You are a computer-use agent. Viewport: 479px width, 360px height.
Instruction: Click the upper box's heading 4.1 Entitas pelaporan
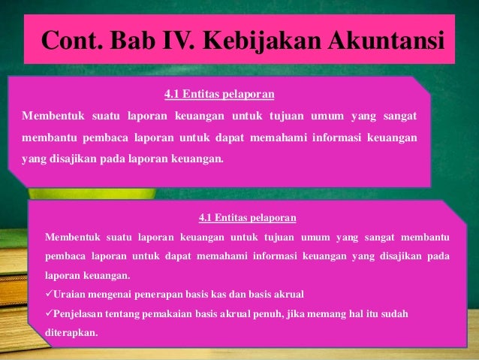click(x=218, y=95)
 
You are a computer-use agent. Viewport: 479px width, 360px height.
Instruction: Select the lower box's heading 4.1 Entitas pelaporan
click(x=247, y=218)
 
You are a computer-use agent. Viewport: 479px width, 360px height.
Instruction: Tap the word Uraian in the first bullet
click(x=71, y=293)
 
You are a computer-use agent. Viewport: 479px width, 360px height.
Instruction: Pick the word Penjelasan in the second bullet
click(x=81, y=312)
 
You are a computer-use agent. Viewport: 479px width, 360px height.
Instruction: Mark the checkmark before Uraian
click(x=50, y=293)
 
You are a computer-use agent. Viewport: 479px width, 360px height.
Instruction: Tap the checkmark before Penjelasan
click(x=50, y=312)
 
